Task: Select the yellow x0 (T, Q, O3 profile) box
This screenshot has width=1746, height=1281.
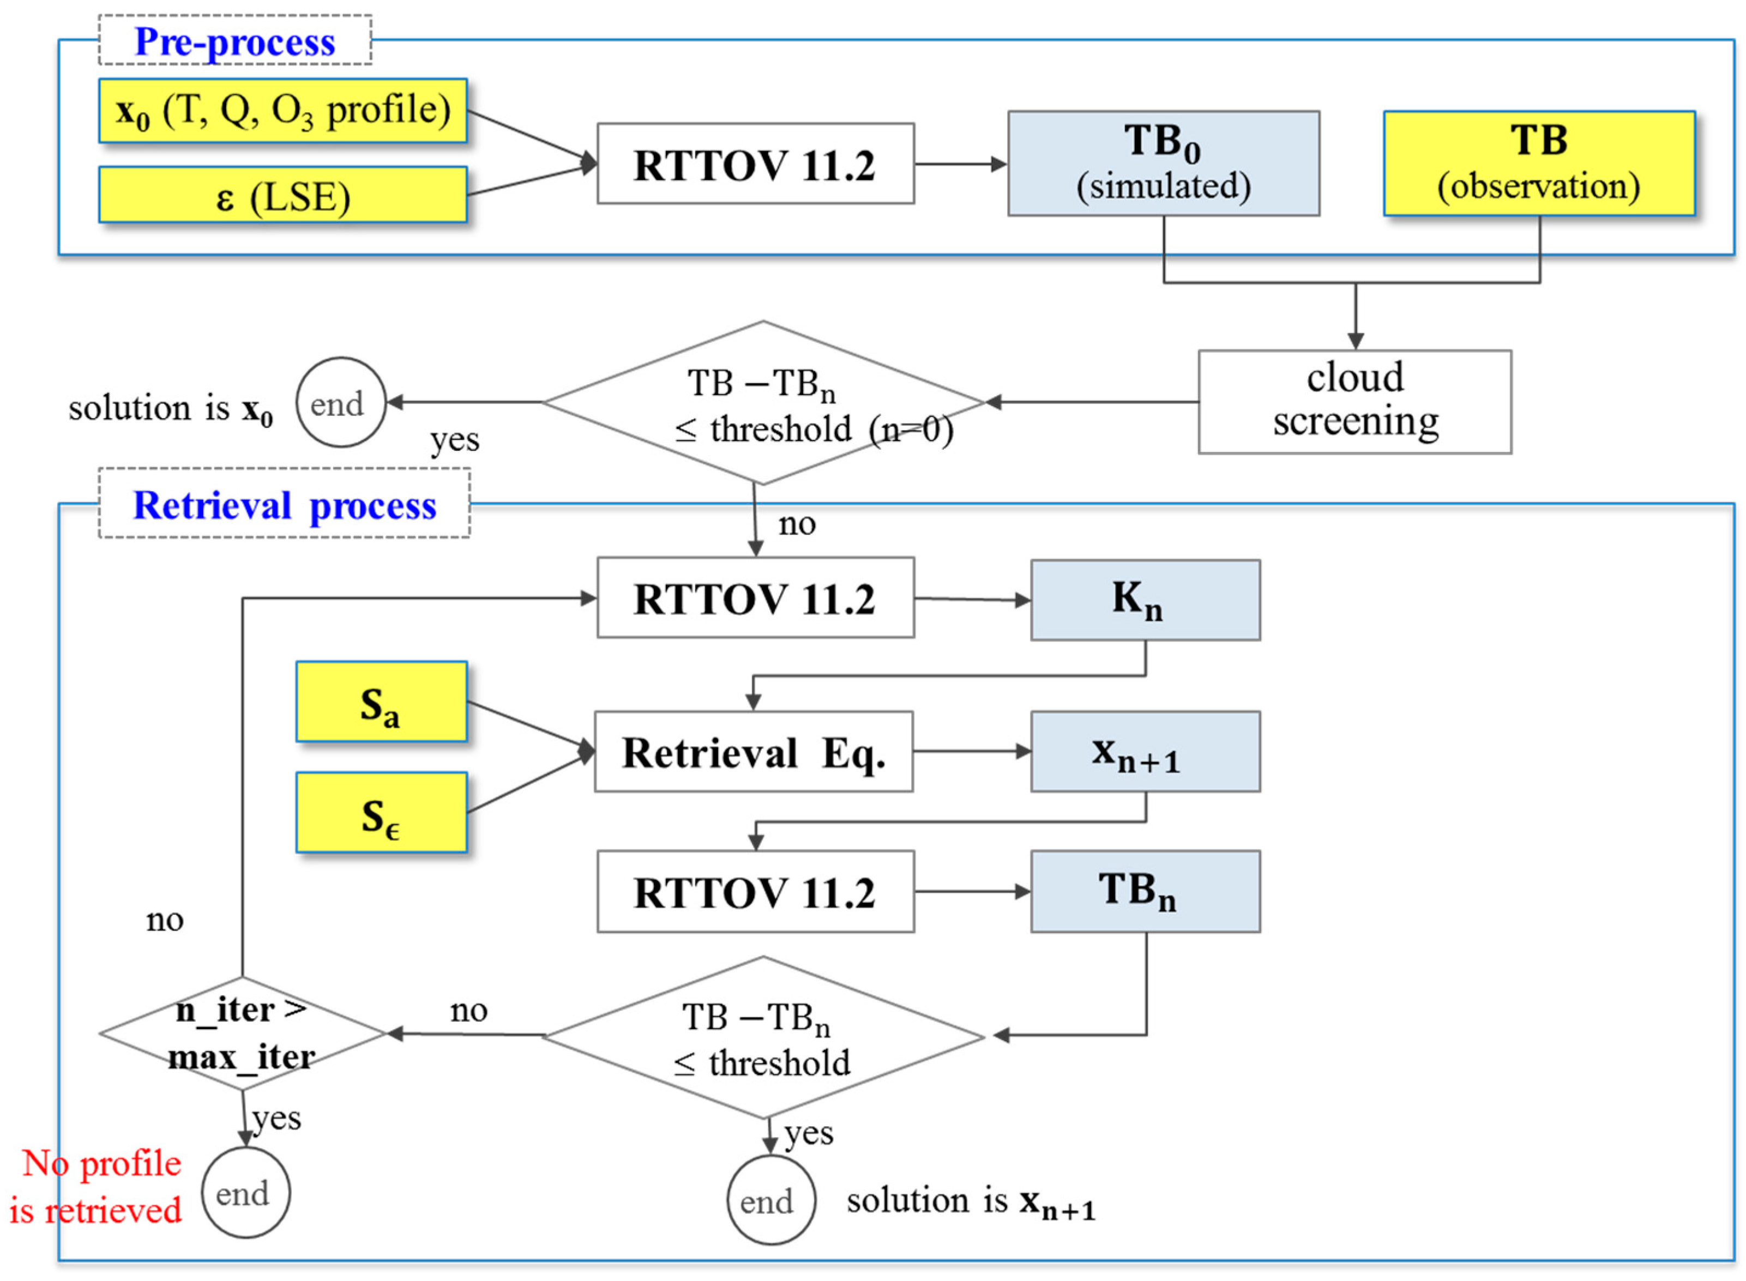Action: click(x=282, y=110)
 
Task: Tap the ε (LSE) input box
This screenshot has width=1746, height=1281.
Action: click(x=282, y=195)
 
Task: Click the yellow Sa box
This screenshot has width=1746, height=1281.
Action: click(x=381, y=702)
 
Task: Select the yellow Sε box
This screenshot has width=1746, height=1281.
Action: click(x=381, y=812)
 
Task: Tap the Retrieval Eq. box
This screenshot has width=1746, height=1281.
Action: click(x=752, y=751)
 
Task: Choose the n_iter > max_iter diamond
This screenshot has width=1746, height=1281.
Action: click(x=242, y=1033)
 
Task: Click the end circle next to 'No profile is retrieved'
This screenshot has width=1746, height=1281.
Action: click(x=245, y=1193)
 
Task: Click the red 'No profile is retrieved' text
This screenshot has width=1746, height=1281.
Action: click(x=97, y=1186)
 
